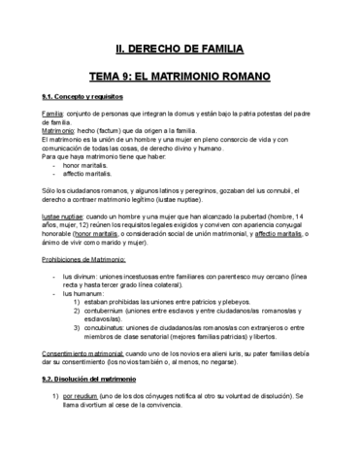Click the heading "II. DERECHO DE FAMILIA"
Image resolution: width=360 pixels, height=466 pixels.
[180, 49]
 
